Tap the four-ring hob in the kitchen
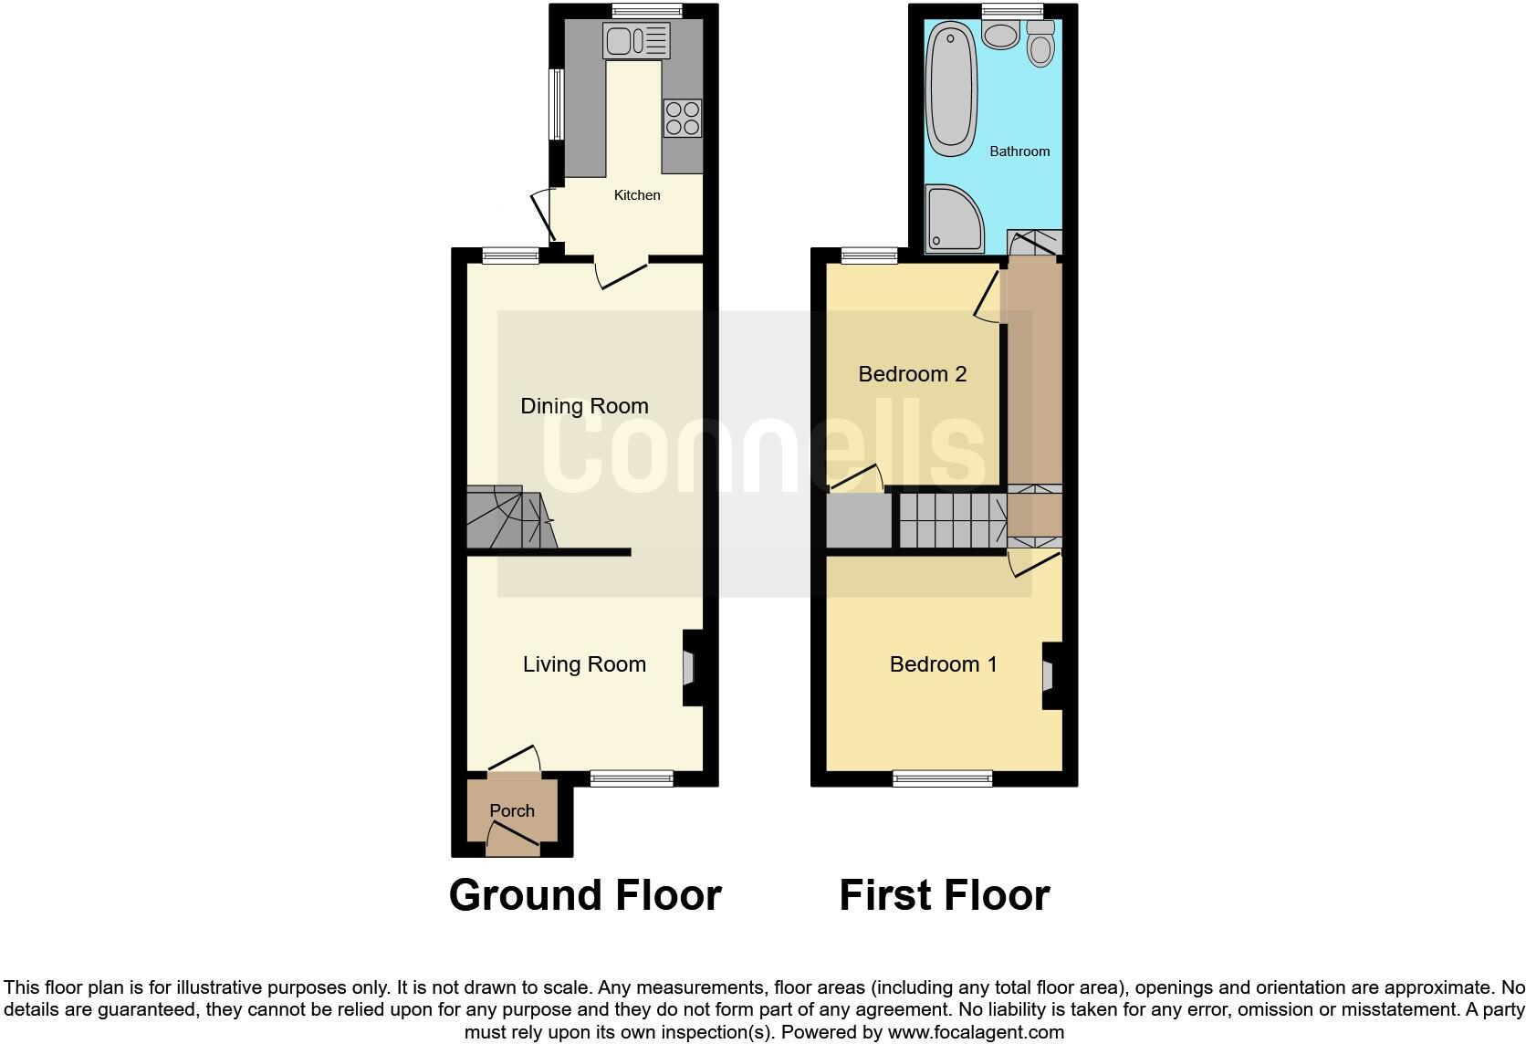(x=682, y=118)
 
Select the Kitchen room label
(x=637, y=195)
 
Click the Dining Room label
(x=584, y=406)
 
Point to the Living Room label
(x=584, y=664)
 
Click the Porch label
(x=512, y=810)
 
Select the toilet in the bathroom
(x=1040, y=44)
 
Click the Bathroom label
(x=1019, y=151)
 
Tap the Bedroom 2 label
(x=912, y=374)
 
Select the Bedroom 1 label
(x=943, y=664)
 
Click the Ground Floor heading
(x=585, y=895)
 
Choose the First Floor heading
(x=944, y=895)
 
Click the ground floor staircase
(x=509, y=518)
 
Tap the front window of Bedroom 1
(x=942, y=778)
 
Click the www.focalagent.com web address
(x=976, y=1033)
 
